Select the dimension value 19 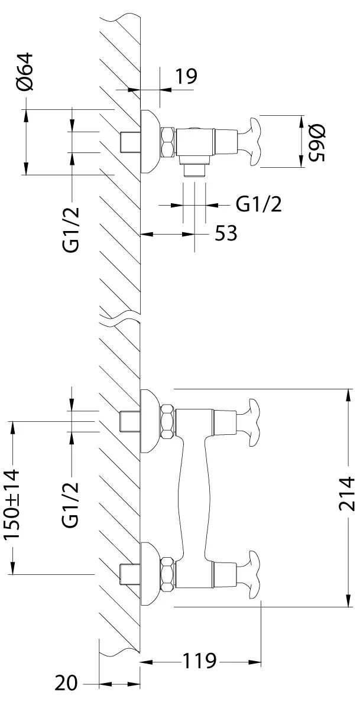click(x=185, y=76)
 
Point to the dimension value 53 click(x=225, y=233)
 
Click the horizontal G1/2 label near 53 click(x=258, y=204)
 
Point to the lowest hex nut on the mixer click(x=168, y=574)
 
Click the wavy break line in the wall click(x=121, y=319)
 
